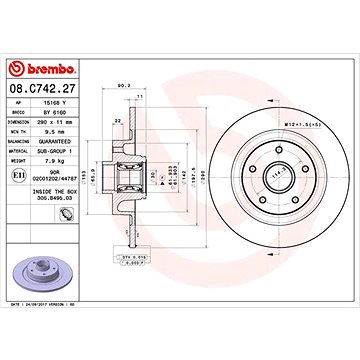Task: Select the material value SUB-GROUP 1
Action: [72, 145]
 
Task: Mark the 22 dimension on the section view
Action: [117, 120]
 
